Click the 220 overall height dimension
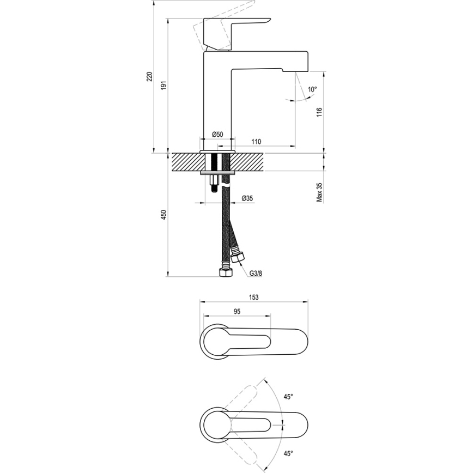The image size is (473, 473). [149, 77]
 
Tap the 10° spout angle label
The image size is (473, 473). [312, 89]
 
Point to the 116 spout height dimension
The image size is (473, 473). [319, 112]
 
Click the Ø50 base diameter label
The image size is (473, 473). [217, 135]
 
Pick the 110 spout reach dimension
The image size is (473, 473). [256, 142]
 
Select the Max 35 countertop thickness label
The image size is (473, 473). [319, 192]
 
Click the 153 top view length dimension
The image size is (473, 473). [253, 297]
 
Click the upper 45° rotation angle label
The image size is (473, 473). [288, 397]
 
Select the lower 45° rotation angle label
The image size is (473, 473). [288, 452]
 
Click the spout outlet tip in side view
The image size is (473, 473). [295, 71]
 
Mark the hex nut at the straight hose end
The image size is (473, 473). [223, 271]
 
